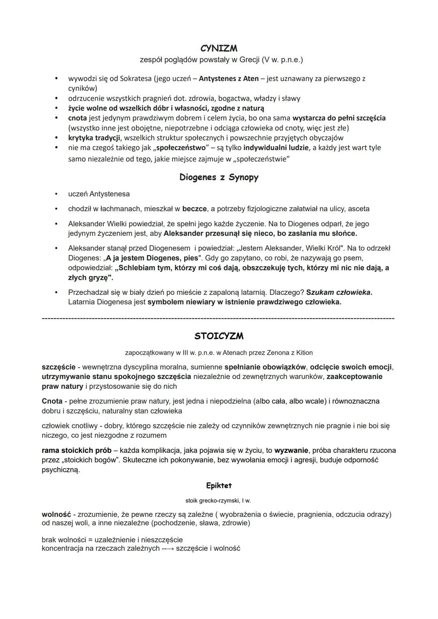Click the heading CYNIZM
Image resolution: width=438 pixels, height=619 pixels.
[219, 49]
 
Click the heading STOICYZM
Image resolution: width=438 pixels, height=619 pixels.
[219, 336]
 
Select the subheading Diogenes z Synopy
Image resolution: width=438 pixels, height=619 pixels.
[219, 178]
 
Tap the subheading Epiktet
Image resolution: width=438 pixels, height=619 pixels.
[219, 485]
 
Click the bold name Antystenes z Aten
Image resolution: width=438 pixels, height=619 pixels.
[229, 79]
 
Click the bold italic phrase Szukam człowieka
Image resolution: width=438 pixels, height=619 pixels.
[339, 292]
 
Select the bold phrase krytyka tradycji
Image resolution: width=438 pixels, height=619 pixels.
[91, 138]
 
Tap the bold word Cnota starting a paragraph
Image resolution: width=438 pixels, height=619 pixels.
[52, 401]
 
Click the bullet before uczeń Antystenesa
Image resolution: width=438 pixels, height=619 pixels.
[58, 194]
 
